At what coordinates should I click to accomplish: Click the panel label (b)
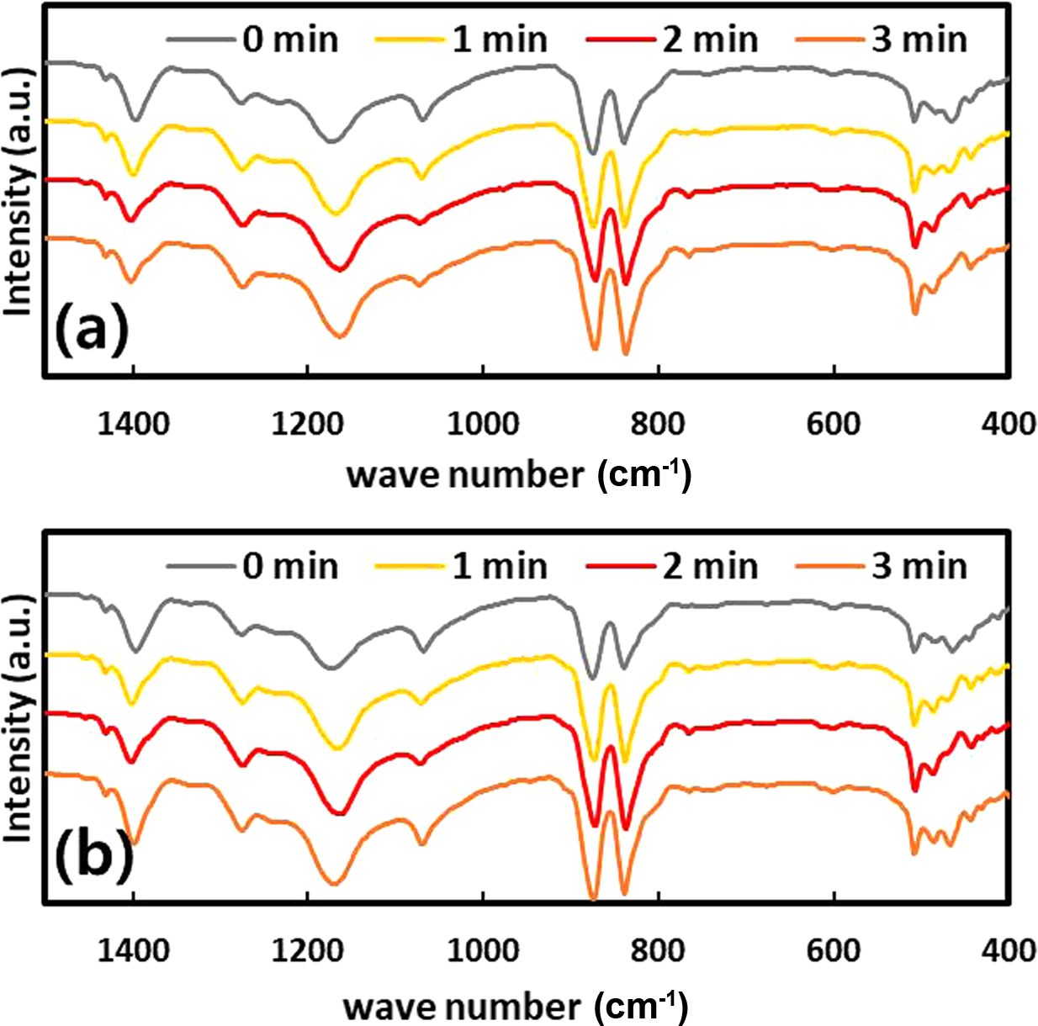[94, 855]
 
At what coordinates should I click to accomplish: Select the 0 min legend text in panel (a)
[290, 40]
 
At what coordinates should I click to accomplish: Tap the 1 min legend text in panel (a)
[500, 40]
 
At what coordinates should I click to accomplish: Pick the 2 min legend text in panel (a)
[710, 40]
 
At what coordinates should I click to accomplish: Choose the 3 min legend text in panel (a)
[919, 40]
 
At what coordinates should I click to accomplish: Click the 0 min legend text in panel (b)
[290, 566]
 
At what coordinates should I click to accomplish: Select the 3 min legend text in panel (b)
[919, 566]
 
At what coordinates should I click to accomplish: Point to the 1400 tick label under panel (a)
[133, 424]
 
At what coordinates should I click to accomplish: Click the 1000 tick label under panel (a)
[483, 424]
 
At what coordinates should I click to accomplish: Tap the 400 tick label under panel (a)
[1009, 424]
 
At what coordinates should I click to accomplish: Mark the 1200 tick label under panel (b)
[308, 950]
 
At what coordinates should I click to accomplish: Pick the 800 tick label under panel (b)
[658, 950]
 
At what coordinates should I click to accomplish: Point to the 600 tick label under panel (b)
[834, 950]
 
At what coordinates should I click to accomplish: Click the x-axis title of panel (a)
[518, 475]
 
